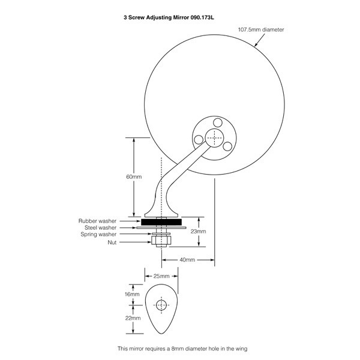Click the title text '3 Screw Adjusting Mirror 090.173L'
(169, 17)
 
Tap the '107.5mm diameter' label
(261, 29)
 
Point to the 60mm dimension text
(134, 177)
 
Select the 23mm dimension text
(198, 231)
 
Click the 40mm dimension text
(187, 260)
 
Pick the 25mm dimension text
(161, 276)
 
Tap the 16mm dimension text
(132, 294)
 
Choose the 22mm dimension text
(133, 318)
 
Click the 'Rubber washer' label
(97, 221)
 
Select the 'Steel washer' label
(100, 227)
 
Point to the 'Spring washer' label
(98, 235)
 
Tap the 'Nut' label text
(112, 242)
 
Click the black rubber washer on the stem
(161, 222)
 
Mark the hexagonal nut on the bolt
(161, 241)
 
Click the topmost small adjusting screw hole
(217, 122)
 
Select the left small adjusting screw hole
(199, 140)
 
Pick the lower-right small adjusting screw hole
(227, 146)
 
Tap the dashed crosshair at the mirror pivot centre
(214, 138)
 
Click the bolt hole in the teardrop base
(161, 305)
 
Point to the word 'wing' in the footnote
(241, 349)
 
